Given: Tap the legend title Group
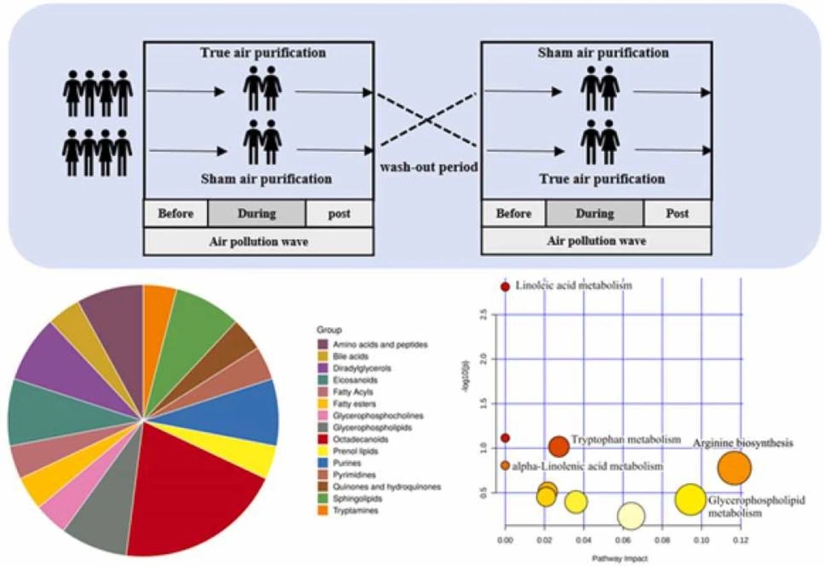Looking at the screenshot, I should tap(328, 330).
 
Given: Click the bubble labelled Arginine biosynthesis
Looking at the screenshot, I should tap(735, 468).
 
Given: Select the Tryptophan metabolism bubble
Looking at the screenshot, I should tap(559, 447).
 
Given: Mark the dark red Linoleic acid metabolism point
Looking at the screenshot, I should tap(505, 286).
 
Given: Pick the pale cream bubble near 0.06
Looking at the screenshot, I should tap(631, 515).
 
